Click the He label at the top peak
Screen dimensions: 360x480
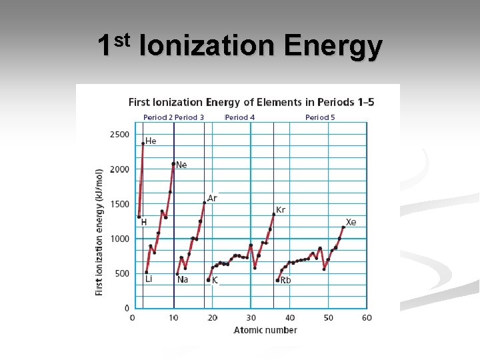151,141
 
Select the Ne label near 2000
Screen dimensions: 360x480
181,165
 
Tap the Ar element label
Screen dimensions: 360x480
212,198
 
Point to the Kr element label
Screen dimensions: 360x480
281,209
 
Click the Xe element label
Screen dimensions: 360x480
351,222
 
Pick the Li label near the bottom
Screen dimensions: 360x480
149,279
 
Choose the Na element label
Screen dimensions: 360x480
182,279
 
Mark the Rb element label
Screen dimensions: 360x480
285,281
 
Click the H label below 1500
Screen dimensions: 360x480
143,223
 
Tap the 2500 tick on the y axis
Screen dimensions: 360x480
119,135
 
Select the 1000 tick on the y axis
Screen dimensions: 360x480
119,239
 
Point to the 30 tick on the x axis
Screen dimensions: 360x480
251,317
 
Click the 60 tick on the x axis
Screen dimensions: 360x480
367,317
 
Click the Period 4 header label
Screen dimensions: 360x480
240,117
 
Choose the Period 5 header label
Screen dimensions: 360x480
320,117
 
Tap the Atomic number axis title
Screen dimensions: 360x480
265,330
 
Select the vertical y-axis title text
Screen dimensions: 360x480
99,232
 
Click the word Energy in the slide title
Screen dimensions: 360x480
333,47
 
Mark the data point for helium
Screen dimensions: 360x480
143,143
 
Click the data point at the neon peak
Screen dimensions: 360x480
173,163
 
